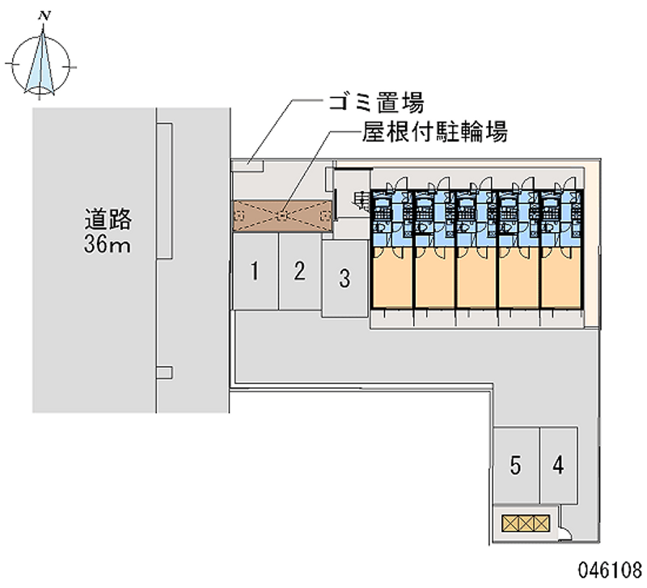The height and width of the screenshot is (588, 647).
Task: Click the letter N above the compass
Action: point(46,15)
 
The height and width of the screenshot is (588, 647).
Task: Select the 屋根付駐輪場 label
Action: point(435,132)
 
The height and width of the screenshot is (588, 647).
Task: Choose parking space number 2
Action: point(299,271)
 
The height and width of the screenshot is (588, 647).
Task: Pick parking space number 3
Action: point(345,280)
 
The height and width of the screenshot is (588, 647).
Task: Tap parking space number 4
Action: point(558,465)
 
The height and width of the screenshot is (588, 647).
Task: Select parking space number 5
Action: point(515,465)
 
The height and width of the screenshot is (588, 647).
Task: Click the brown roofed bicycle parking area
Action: point(281,215)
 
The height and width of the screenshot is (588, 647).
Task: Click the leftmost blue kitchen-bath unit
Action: point(392,219)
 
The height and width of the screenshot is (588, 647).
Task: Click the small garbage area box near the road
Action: point(248,166)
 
